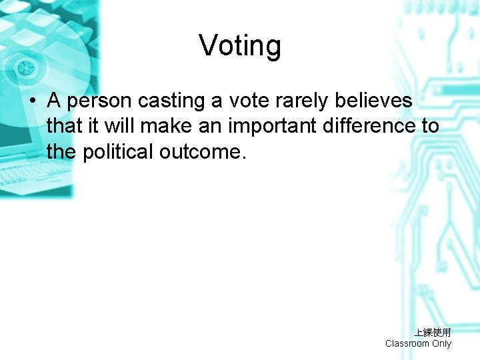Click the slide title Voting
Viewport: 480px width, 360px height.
(x=240, y=46)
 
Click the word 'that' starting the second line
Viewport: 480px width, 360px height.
(x=61, y=126)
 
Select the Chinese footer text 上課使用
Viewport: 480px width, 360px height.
(x=432, y=332)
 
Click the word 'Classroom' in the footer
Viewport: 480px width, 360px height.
(x=407, y=343)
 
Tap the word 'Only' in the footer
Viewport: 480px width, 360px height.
(x=441, y=343)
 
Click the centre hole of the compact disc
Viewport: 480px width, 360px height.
(x=26, y=67)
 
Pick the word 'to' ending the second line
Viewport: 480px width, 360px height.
(x=430, y=126)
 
